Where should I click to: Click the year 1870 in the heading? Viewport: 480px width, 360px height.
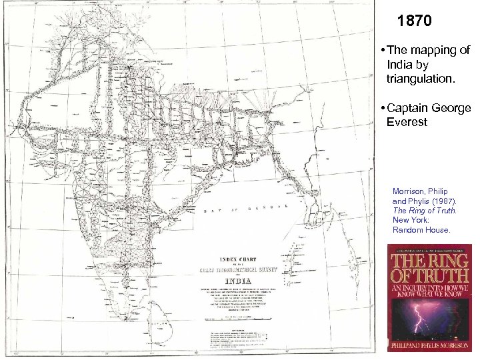pyautogui.click(x=415, y=21)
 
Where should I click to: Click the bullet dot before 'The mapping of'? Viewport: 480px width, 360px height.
pyautogui.click(x=378, y=51)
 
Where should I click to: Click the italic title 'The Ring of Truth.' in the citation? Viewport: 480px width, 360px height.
pyautogui.click(x=425, y=210)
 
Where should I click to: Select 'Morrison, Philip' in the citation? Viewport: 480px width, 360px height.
pyautogui.click(x=418, y=190)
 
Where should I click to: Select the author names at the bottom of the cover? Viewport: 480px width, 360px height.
pyautogui.click(x=429, y=345)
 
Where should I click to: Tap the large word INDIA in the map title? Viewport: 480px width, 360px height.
pyautogui.click(x=240, y=280)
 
